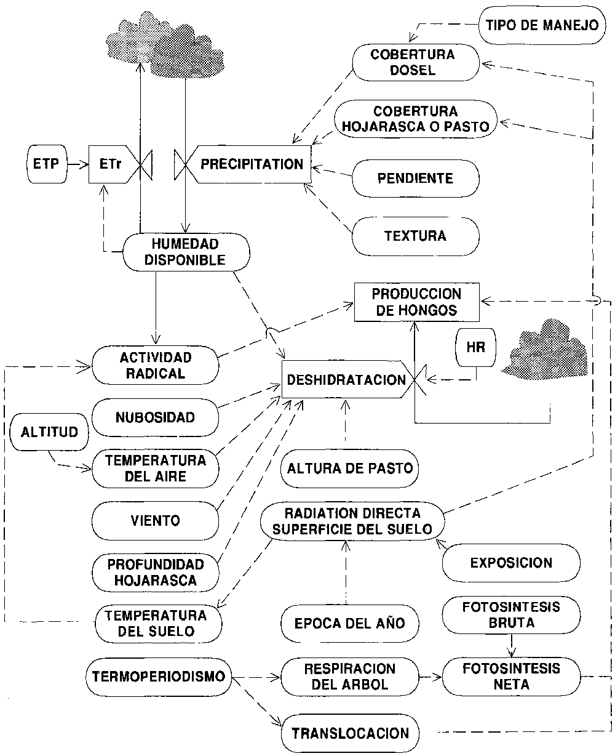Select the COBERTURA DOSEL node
(416, 62)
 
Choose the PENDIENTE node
(415, 179)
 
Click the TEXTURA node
(415, 235)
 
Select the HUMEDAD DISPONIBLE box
(186, 251)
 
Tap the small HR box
(476, 347)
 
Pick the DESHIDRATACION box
(346, 380)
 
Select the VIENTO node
(155, 520)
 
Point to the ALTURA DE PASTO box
(349, 468)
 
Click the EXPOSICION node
(510, 563)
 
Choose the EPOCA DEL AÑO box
(349, 623)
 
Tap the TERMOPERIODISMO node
(158, 675)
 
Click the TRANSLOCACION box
(350, 733)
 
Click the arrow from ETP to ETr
(76, 164)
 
